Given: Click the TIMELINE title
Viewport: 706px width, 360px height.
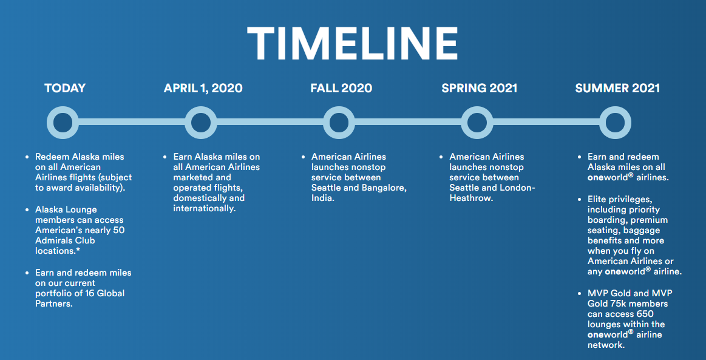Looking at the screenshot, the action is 353,44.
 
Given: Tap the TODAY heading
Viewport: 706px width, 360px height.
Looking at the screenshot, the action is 65,88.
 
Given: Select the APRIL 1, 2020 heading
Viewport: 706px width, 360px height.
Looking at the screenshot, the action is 203,88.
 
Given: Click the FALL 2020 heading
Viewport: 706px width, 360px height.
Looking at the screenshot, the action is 341,88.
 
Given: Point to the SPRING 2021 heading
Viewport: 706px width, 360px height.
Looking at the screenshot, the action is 480,88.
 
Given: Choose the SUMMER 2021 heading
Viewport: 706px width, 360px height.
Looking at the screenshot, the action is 617,88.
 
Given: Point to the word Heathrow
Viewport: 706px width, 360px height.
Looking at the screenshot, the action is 472,198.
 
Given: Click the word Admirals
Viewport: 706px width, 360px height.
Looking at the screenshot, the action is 54,240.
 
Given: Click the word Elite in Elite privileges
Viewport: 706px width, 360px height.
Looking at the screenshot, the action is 597,199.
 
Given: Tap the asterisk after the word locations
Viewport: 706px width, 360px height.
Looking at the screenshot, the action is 78,250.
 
